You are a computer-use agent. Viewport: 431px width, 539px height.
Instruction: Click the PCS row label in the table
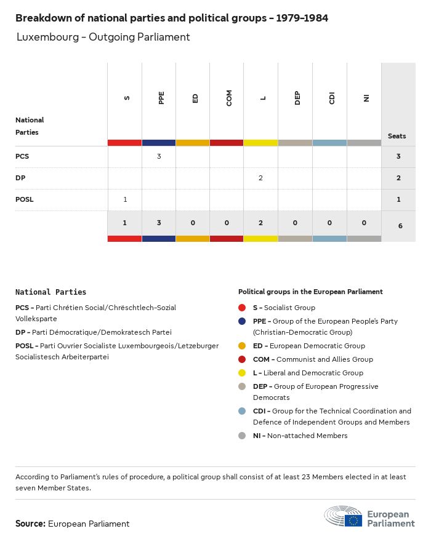point(22,156)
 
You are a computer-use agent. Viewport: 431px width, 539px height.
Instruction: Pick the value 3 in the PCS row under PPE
point(159,156)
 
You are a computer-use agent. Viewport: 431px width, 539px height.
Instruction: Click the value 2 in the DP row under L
point(260,178)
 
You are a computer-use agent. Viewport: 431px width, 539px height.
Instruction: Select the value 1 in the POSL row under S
point(125,199)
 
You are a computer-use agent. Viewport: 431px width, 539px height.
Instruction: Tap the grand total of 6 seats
point(400,226)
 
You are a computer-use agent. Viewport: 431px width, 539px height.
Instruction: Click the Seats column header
point(397,136)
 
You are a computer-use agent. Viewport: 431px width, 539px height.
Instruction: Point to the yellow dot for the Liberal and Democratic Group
point(242,373)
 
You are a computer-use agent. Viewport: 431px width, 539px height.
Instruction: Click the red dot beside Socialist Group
point(242,308)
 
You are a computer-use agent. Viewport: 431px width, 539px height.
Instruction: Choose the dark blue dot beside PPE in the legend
point(242,321)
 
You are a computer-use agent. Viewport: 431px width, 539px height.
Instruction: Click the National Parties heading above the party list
point(50,292)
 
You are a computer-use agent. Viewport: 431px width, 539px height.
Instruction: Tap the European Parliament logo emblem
point(344,517)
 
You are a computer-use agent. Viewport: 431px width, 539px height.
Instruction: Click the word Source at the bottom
point(30,524)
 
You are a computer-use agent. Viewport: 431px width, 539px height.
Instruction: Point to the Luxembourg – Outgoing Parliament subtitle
point(103,37)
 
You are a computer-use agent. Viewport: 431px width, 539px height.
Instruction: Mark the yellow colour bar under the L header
point(260,143)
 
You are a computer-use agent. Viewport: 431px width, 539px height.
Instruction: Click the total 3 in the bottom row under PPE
point(159,223)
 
